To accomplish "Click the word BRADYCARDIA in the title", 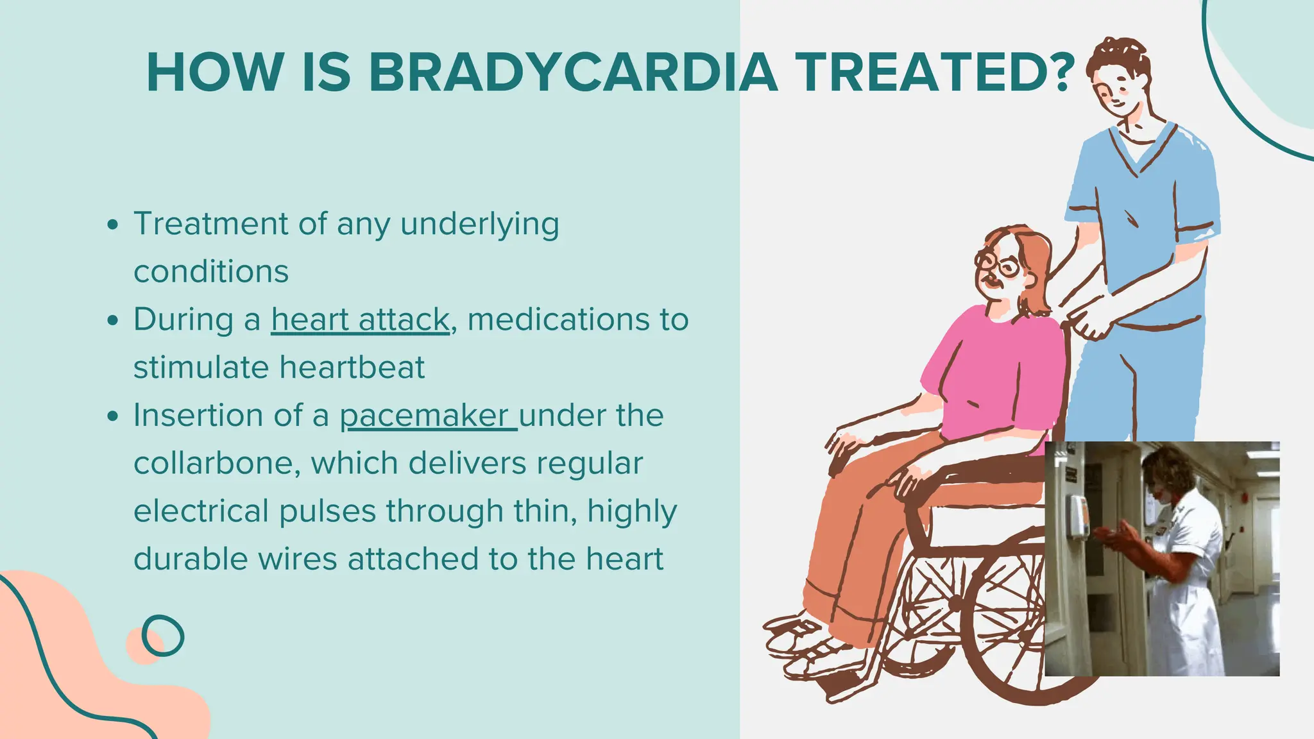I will (573, 72).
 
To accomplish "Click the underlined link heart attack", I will (360, 319).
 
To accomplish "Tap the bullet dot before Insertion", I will (114, 416).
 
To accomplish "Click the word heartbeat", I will (352, 368).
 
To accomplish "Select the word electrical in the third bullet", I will (201, 511).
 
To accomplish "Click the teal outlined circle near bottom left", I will (162, 636).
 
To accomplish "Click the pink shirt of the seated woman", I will (991, 372).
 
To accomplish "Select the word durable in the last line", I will (191, 559).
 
